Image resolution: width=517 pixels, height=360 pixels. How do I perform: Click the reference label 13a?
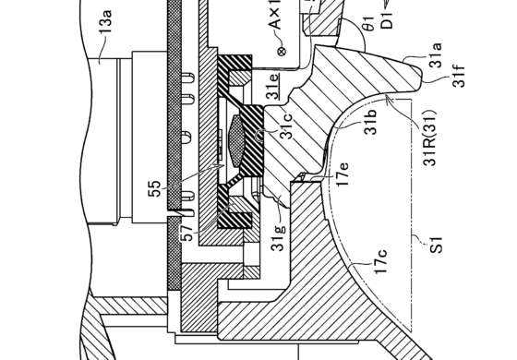[106, 22]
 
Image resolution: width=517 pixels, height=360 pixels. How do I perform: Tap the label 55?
[154, 189]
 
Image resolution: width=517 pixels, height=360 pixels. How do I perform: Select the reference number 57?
[186, 233]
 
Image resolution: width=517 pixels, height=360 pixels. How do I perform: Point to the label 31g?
[279, 238]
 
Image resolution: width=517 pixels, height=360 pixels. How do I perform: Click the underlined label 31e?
[273, 86]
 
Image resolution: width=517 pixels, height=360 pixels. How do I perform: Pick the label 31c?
[285, 126]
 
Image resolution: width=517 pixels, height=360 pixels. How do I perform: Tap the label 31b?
[370, 122]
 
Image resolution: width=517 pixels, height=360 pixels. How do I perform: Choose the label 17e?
[343, 174]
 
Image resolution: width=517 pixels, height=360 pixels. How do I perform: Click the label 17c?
[380, 261]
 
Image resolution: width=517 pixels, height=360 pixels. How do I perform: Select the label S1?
[437, 245]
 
